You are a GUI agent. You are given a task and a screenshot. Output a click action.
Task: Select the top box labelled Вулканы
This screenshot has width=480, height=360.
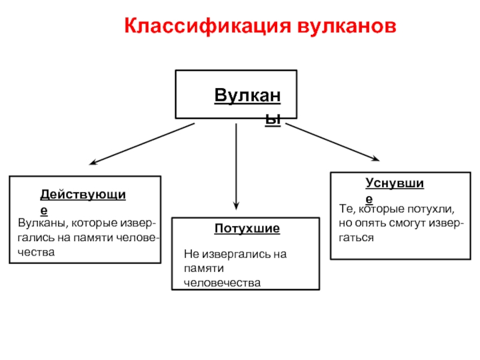coord(235,94)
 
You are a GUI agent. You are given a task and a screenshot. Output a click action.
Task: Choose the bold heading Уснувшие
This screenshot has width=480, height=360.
coord(394,184)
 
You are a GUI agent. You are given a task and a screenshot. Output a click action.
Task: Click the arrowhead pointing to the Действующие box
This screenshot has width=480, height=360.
coord(92,162)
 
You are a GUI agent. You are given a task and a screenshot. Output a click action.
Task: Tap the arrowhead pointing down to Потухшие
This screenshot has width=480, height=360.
coord(236,205)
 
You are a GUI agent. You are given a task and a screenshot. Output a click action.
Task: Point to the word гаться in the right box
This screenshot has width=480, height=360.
coord(356,238)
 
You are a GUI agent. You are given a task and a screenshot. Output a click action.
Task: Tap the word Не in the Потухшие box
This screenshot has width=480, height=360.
coord(190,254)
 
